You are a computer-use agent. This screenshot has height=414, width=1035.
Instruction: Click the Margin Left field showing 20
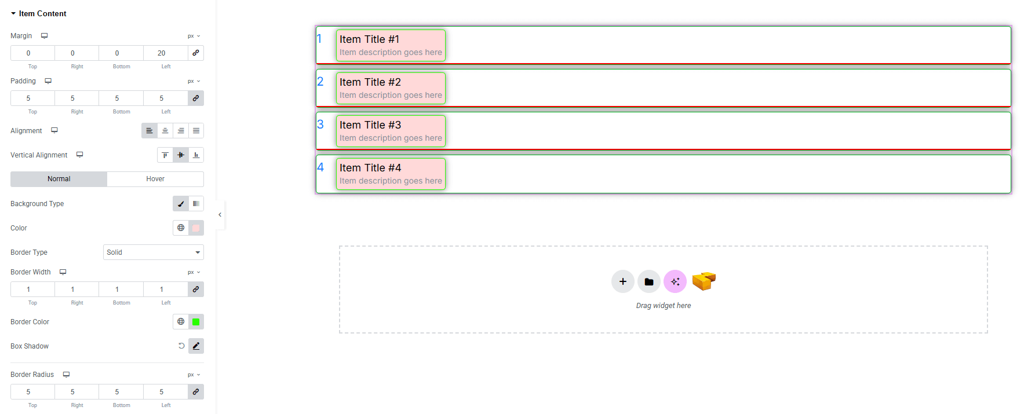[161, 53]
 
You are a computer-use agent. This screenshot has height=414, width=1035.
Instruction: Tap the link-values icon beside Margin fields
[196, 53]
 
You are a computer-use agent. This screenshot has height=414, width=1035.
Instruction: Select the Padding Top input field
[32, 98]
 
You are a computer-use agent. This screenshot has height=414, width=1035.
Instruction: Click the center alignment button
[165, 131]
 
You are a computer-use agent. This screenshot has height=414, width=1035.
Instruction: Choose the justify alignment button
[196, 131]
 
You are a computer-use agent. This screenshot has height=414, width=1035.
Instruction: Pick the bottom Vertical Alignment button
[196, 155]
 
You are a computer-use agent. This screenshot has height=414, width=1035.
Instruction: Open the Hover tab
[155, 179]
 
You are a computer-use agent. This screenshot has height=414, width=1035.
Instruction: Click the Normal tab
[59, 179]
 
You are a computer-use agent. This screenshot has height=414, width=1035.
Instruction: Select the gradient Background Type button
[196, 204]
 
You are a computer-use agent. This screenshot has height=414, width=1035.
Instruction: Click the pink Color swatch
[196, 228]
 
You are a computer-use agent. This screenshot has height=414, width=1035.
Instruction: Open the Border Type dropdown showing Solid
[154, 252]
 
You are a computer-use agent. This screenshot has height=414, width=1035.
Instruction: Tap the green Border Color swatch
[196, 322]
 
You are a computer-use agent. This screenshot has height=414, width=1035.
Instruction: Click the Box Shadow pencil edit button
[196, 346]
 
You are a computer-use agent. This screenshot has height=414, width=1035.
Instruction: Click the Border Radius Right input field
[76, 392]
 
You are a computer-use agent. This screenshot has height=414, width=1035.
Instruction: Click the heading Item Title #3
[370, 125]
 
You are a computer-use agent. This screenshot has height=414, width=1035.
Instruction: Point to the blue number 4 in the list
[320, 167]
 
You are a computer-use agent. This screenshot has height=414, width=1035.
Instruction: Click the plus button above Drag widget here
[622, 282]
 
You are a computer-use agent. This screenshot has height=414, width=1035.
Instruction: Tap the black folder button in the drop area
[649, 282]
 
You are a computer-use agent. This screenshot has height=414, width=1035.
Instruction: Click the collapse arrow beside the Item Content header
[13, 13]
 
